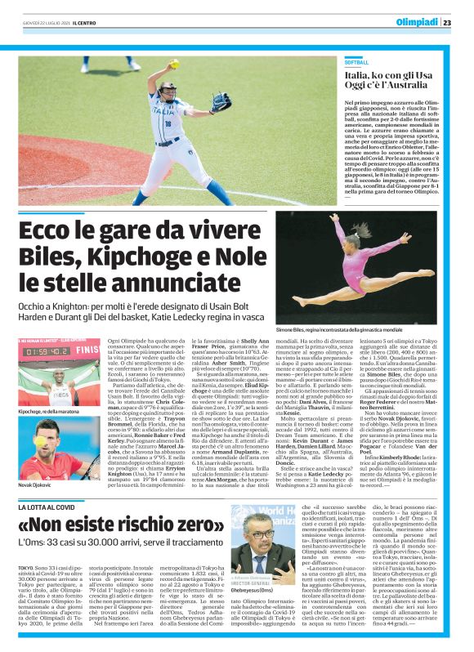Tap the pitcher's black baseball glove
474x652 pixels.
tap(221, 102)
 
